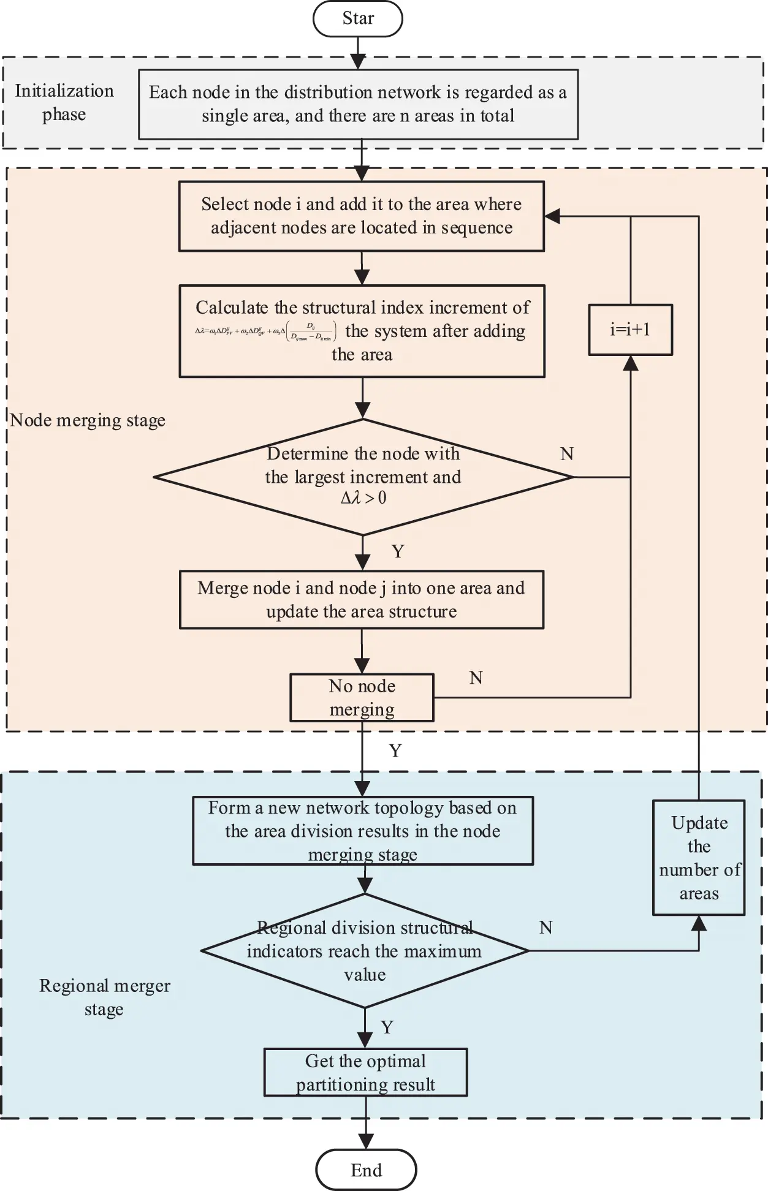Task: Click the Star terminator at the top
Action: tap(358, 18)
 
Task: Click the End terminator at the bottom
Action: tap(366, 1170)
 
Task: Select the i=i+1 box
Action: tap(630, 330)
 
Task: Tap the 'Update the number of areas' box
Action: tap(699, 857)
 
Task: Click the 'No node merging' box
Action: tap(362, 697)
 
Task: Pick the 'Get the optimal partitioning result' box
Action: tap(365, 1072)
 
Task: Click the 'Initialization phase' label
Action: tap(64, 102)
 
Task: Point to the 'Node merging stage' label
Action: tap(88, 420)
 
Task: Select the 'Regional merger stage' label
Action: tap(104, 997)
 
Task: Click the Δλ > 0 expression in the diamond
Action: tap(363, 497)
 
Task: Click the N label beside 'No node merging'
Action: tap(476, 678)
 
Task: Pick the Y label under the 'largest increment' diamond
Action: tap(398, 551)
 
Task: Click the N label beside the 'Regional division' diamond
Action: tap(546, 928)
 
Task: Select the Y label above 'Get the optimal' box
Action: tap(387, 1027)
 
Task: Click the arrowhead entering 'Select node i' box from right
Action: tap(552, 216)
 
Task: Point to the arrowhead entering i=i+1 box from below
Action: tap(630, 363)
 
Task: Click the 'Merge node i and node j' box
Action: tap(362, 600)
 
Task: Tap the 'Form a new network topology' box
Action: tap(363, 830)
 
